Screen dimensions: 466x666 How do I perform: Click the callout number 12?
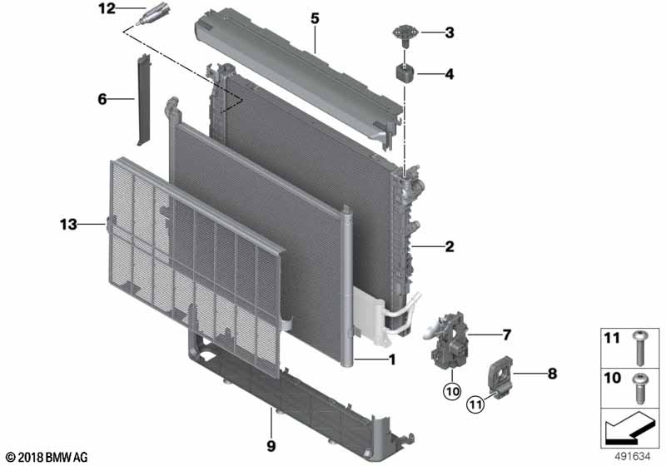(x=107, y=9)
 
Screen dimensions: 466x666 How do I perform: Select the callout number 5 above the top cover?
(x=315, y=17)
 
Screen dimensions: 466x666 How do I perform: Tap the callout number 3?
(x=449, y=33)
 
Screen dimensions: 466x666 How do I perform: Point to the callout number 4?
(x=449, y=75)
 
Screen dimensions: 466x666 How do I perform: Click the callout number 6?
(x=102, y=99)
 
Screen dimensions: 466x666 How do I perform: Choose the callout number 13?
(x=67, y=224)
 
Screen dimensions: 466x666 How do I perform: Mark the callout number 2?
(x=449, y=246)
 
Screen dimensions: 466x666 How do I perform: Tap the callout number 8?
(x=551, y=374)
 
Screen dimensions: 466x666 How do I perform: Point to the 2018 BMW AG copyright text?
(x=46, y=457)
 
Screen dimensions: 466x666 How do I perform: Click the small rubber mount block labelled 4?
(x=405, y=73)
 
